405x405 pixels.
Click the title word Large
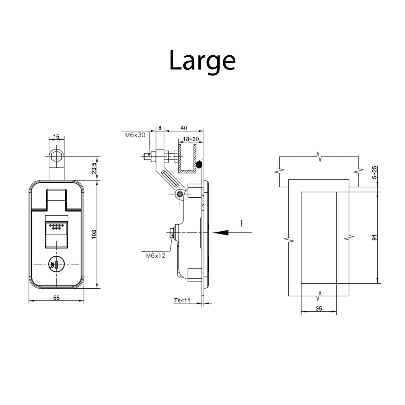point(202,61)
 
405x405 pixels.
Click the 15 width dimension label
point(56,136)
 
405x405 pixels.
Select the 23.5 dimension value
point(94,168)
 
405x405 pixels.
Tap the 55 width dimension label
point(56,298)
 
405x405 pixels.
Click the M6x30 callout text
point(135,135)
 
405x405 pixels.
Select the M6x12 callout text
point(156,256)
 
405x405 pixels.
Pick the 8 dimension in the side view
point(160,128)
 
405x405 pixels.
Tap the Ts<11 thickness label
point(182,300)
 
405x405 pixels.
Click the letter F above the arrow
point(243,223)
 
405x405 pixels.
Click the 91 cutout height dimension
point(374,237)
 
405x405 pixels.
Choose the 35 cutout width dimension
point(319,309)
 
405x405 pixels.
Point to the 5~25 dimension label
point(374,172)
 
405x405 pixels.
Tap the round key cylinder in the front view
point(56,264)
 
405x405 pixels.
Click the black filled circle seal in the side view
point(198,164)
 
